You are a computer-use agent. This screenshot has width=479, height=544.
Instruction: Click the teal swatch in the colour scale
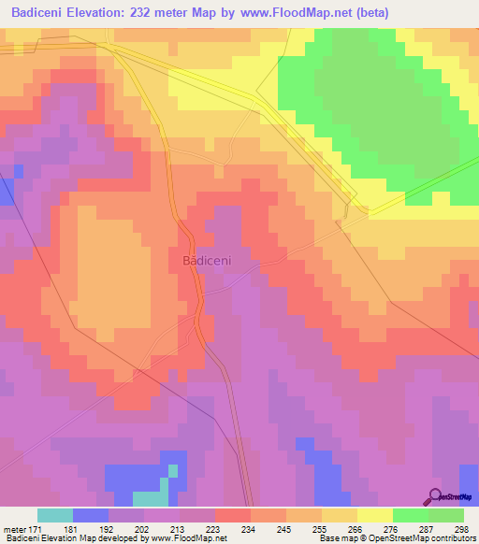(55, 515)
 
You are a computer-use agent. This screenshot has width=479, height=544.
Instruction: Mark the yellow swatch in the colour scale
(375, 515)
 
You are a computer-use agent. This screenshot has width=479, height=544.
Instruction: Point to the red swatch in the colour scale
(233, 515)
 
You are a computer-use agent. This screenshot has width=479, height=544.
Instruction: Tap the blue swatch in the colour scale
(91, 515)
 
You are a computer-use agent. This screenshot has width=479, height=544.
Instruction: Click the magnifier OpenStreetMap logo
(434, 495)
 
